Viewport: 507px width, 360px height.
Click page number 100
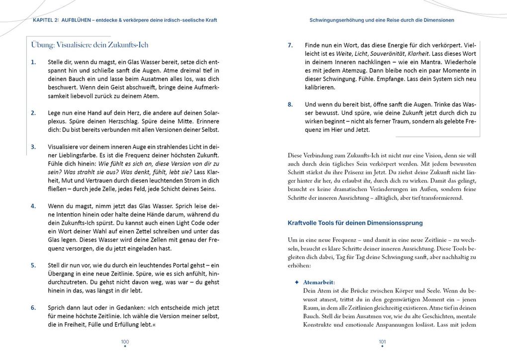click(125, 342)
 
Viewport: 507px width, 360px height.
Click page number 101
click(382, 342)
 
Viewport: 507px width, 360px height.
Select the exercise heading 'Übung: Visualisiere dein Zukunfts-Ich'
click(90, 45)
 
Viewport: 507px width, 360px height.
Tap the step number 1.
click(33, 62)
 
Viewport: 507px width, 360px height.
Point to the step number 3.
click(33, 147)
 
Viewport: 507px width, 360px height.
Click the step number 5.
click(33, 265)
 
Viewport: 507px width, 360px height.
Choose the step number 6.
click(33, 307)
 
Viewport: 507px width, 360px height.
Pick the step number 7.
click(290, 45)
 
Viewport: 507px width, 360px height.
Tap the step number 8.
click(290, 104)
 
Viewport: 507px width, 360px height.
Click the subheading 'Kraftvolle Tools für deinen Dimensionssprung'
click(355, 223)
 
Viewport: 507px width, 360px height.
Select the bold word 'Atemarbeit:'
click(319, 282)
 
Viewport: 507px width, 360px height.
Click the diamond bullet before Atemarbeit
click(297, 282)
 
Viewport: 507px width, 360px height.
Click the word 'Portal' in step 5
click(179, 265)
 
